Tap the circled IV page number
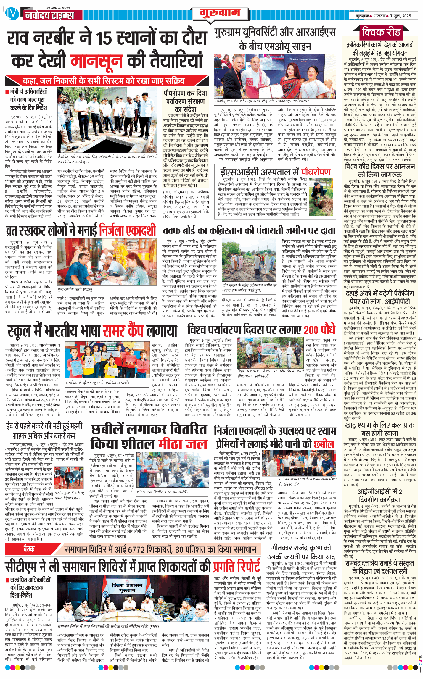tap(12, 14)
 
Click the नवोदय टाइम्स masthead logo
tap(49, 15)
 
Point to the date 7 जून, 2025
tap(401, 16)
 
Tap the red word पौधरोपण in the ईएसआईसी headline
tap(316, 172)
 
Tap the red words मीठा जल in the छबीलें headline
tap(183, 444)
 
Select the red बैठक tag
tap(29, 549)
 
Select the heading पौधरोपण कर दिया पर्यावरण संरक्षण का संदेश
tap(185, 101)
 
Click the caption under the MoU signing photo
tap(262, 101)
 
